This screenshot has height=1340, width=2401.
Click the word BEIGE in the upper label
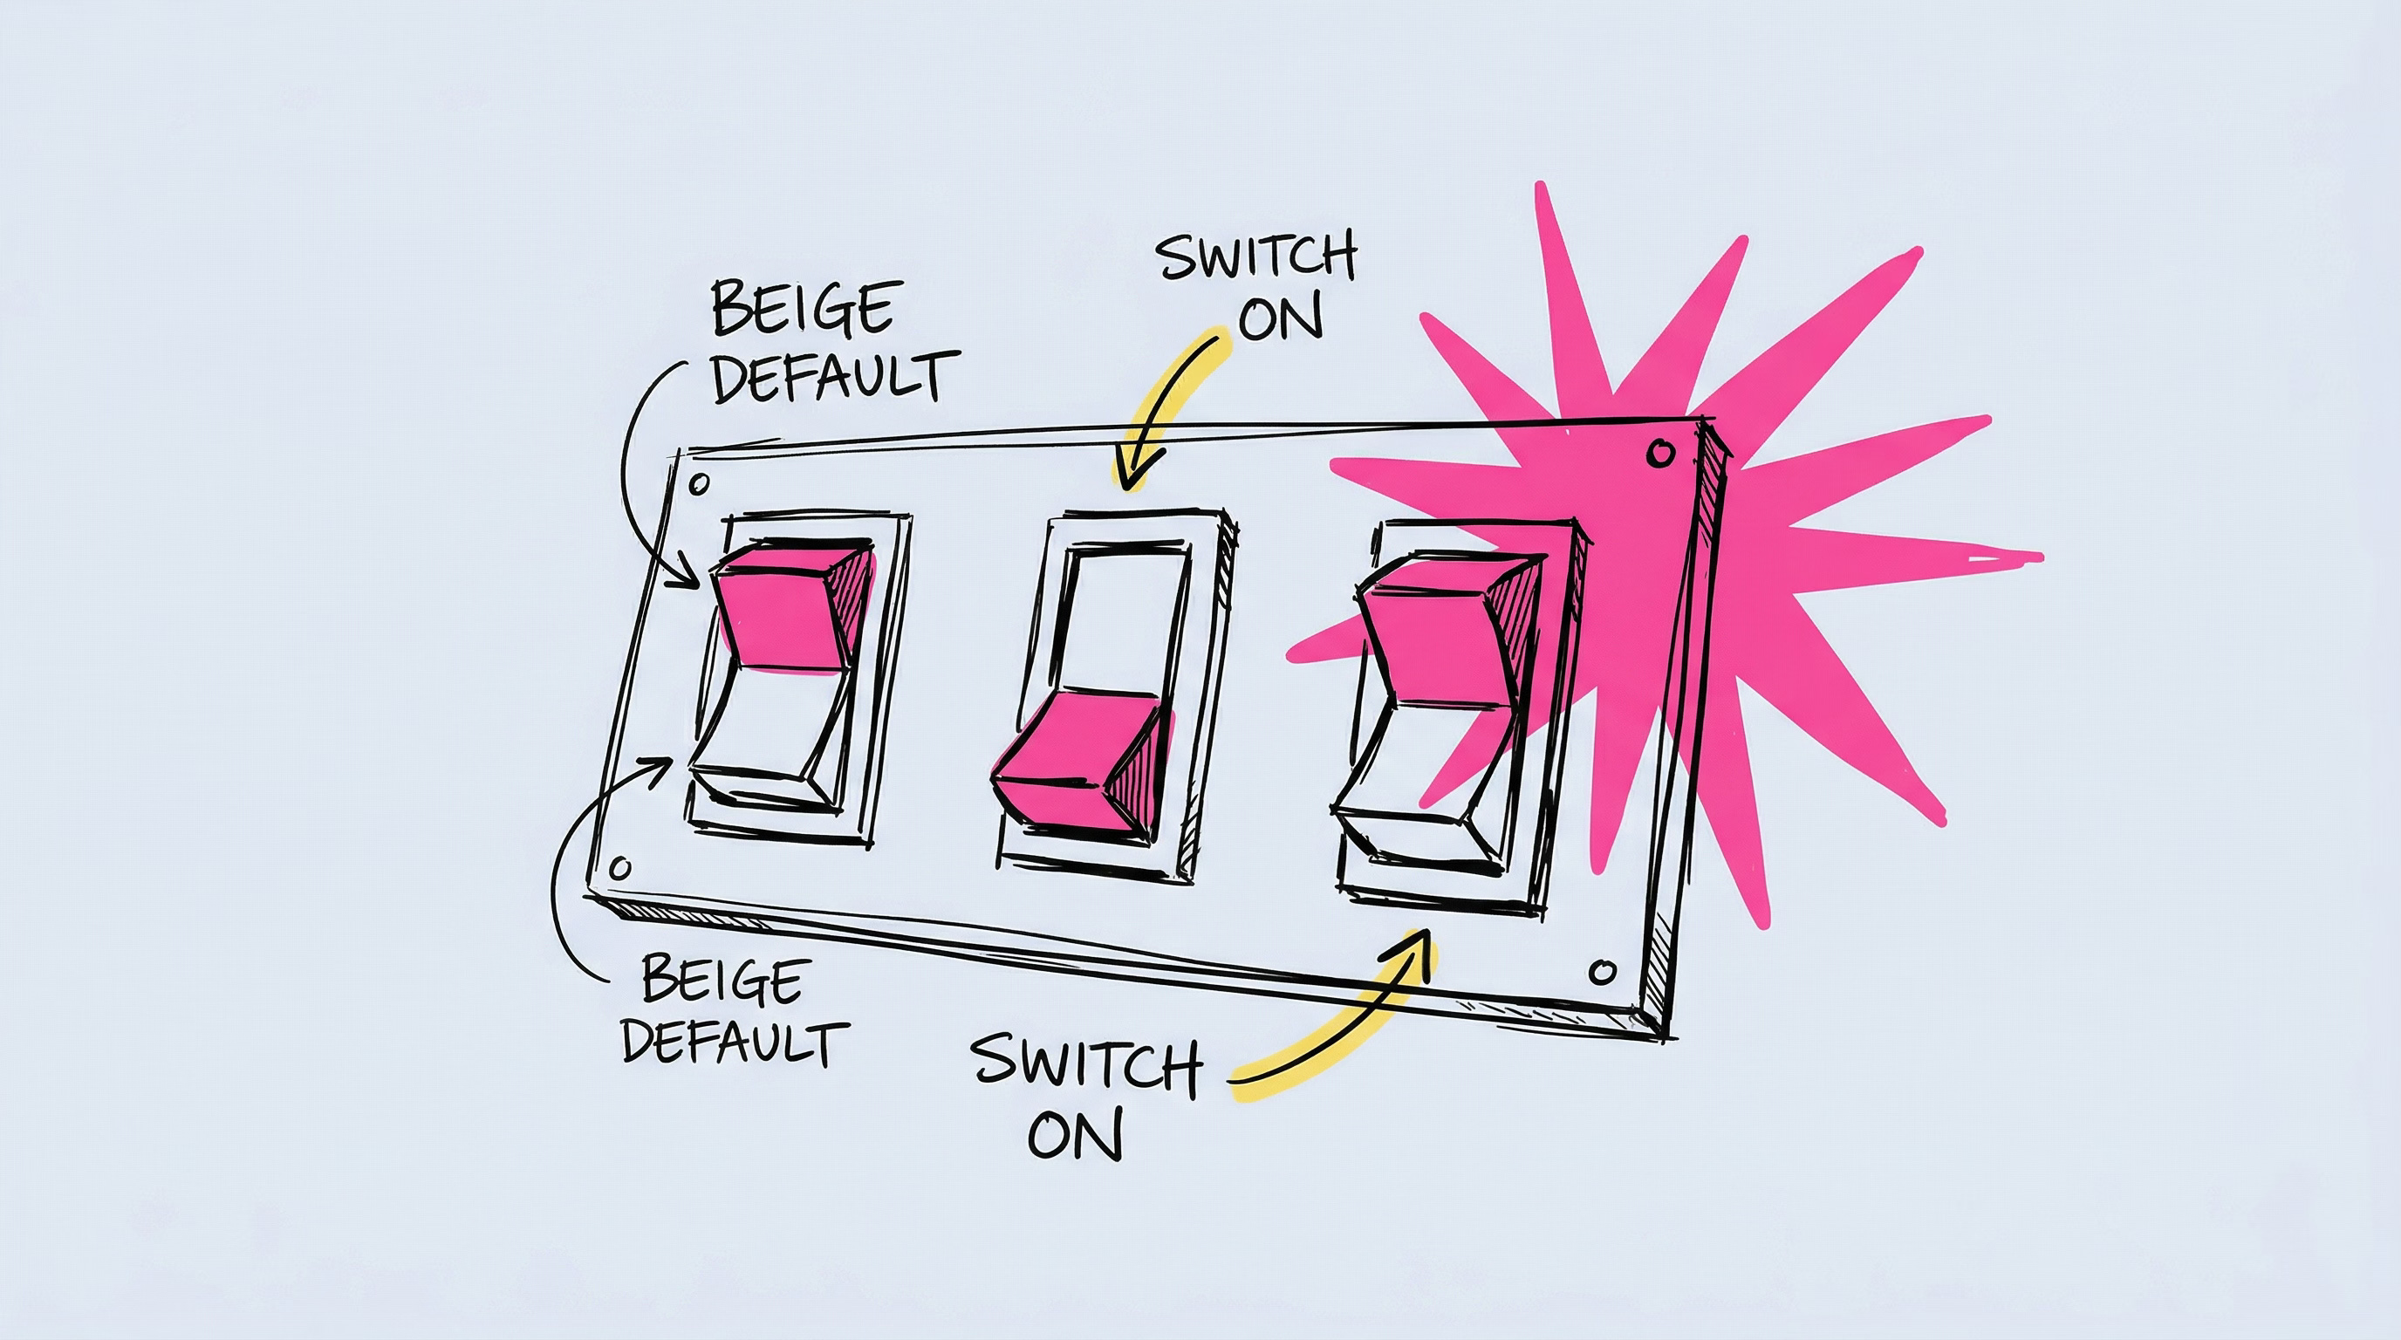(803, 309)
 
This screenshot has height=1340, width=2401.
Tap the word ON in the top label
(1281, 319)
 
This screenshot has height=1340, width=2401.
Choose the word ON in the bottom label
(1076, 1134)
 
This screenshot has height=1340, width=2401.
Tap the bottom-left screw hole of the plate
(619, 869)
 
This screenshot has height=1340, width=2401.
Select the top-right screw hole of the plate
(1660, 454)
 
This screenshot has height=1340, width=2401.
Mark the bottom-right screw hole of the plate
(1601, 973)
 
